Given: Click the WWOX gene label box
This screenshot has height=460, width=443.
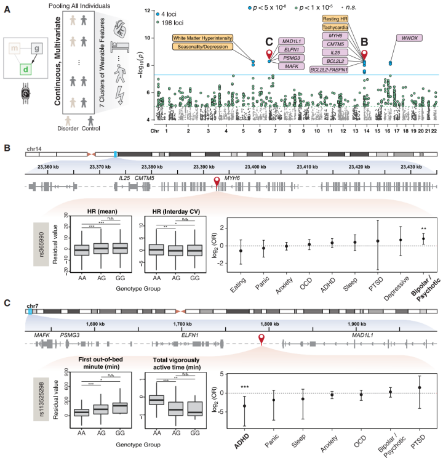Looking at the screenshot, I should tap(410, 38).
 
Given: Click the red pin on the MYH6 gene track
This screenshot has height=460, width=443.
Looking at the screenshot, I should tap(217, 180).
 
